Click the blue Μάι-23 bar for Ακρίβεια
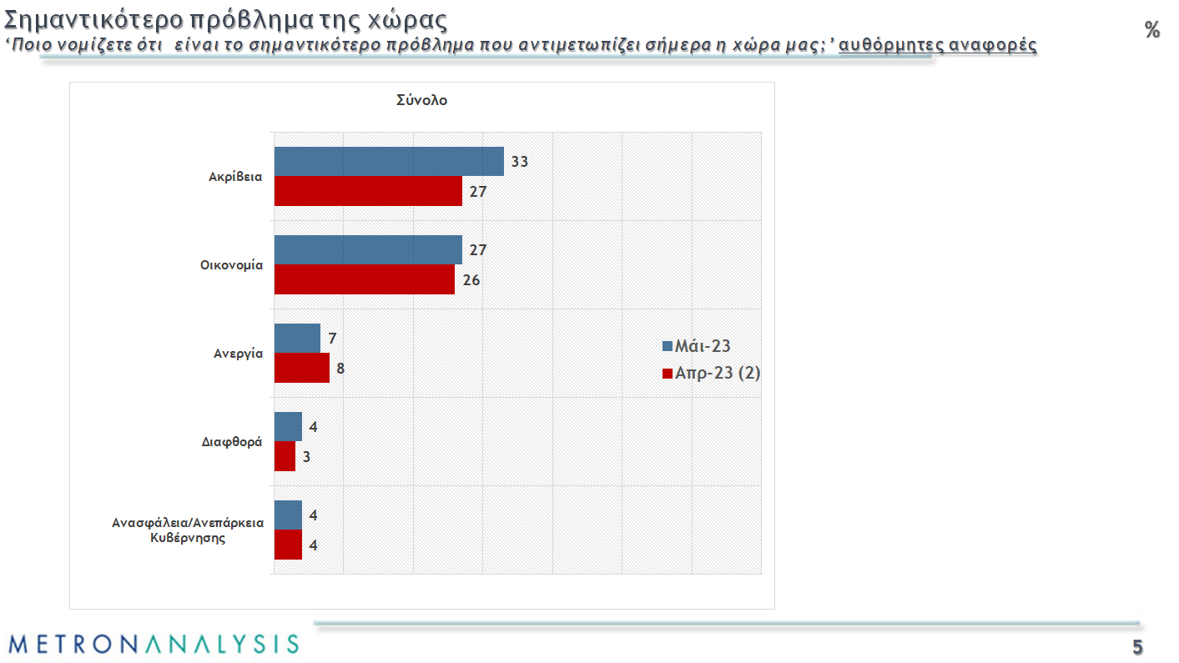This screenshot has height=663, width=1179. tap(389, 161)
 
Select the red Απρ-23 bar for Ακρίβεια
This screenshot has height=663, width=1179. tap(368, 191)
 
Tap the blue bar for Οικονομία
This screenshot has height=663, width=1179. tap(368, 249)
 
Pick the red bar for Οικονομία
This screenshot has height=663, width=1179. tap(365, 279)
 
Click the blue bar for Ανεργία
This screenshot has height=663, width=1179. tap(297, 338)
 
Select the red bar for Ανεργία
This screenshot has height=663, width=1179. tap(301, 368)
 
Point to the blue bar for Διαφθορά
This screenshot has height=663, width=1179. tap(288, 426)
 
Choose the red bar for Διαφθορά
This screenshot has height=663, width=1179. tap(285, 456)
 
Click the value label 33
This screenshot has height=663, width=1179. tap(520, 162)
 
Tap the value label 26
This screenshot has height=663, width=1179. tap(471, 280)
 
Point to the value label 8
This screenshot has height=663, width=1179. tap(340, 369)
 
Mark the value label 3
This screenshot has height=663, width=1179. tap(306, 457)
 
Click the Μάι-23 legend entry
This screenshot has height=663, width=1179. tap(696, 347)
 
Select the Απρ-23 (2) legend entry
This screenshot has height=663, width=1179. tap(711, 374)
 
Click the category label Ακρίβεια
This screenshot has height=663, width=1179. tap(236, 177)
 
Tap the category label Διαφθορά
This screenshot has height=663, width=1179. tap(233, 442)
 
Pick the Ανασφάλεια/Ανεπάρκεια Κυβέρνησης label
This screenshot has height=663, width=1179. tap(189, 530)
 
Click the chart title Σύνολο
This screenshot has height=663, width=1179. tap(421, 100)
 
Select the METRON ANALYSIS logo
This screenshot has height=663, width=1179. tap(154, 644)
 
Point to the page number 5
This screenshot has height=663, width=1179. tap(1137, 648)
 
